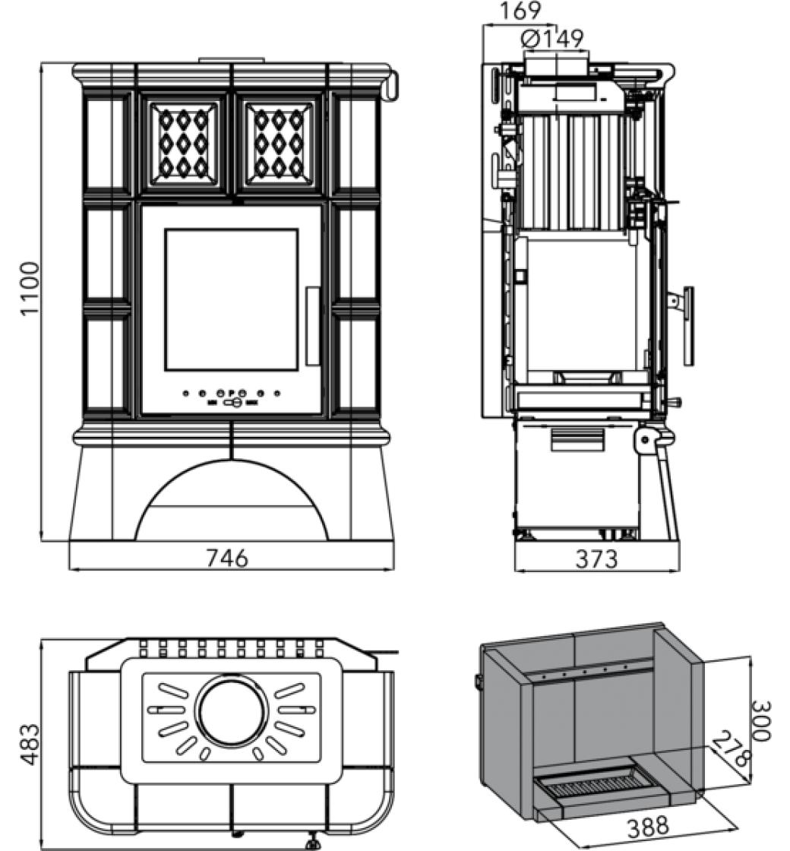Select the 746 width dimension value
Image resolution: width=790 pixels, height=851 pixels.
pyautogui.click(x=227, y=558)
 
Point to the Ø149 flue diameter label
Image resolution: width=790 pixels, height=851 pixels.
pyautogui.click(x=553, y=38)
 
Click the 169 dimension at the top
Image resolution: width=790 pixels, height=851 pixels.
pyautogui.click(x=520, y=11)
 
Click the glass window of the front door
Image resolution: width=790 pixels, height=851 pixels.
pyautogui.click(x=231, y=299)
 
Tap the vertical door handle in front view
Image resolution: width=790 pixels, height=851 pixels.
pyautogui.click(x=312, y=325)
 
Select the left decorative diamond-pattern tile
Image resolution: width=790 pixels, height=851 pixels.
pyautogui.click(x=183, y=143)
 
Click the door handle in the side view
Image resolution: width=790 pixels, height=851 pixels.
pyautogui.click(x=688, y=325)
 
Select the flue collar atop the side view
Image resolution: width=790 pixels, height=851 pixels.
pyautogui.click(x=555, y=65)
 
